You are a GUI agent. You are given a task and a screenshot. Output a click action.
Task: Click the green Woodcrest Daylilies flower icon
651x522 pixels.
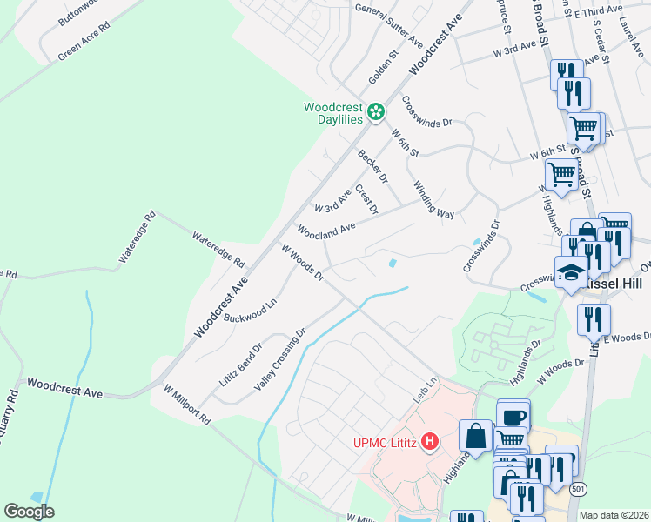click(375, 110)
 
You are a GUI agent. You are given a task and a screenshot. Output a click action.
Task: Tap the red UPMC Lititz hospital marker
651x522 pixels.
click(428, 442)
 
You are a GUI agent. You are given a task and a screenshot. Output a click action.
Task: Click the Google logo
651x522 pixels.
click(29, 512)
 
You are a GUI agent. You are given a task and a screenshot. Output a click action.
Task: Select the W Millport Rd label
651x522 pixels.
click(181, 407)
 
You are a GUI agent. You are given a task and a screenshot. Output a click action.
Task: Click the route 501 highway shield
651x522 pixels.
click(579, 490)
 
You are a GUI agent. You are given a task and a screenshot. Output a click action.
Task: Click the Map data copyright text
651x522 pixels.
click(614, 515)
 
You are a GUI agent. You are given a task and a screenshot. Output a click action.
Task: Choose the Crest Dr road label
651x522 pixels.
click(366, 197)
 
